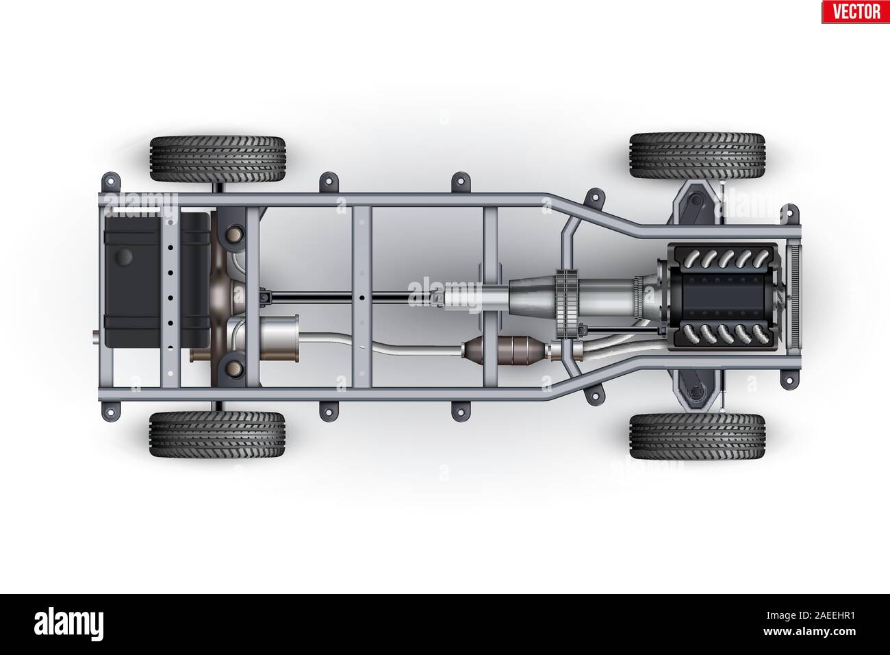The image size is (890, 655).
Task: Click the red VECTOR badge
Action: pos(856,12)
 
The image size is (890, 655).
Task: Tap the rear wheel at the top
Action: pos(218,159)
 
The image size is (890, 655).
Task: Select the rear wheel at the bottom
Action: pos(217,434)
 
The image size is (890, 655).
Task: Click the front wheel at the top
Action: pos(698,156)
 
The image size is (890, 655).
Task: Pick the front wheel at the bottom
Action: pos(698,436)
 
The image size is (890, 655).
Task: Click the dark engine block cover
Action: pos(722,297)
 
